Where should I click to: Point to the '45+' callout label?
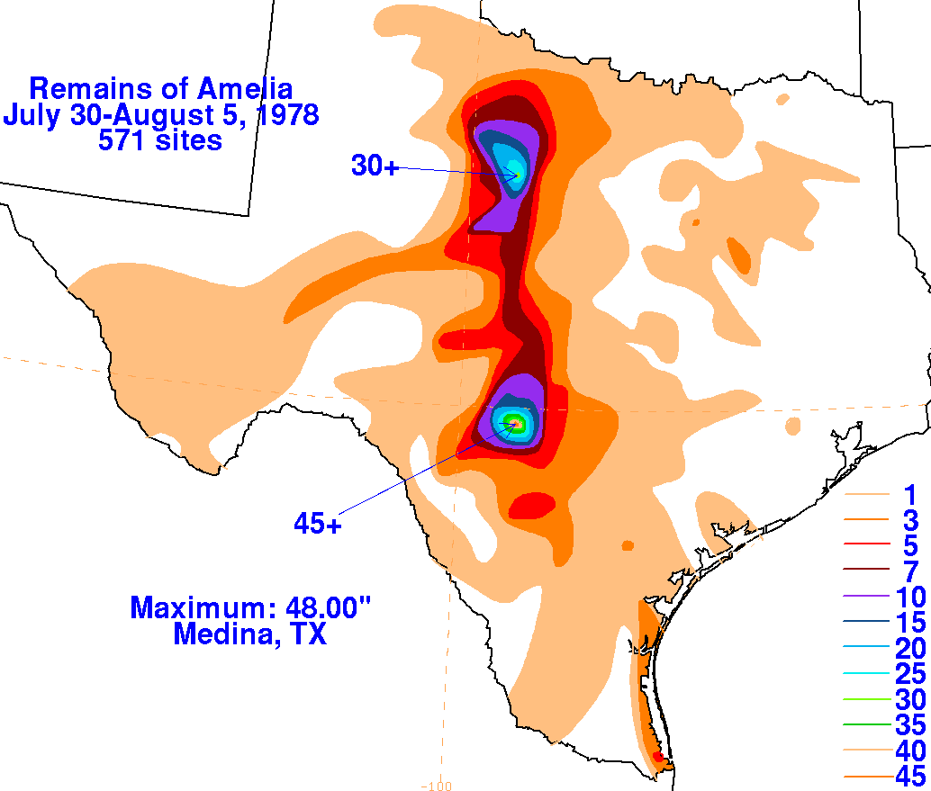[317, 522]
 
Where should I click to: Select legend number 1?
[909, 494]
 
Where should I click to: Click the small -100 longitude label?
[441, 785]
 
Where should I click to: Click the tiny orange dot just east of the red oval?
[628, 544]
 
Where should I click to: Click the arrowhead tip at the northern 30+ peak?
[519, 175]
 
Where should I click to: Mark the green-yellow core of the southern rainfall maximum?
[514, 421]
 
